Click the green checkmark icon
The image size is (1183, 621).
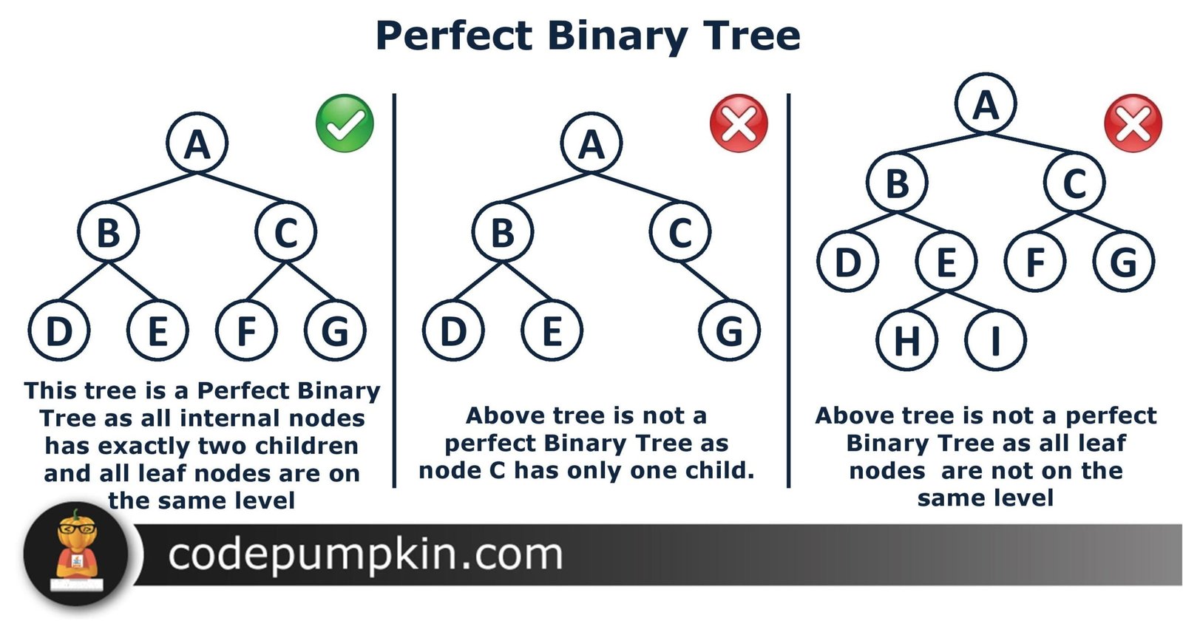pos(345,123)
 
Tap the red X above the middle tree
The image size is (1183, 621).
pos(739,123)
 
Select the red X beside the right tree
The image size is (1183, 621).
pos(1133,123)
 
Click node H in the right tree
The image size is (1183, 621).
pos(906,340)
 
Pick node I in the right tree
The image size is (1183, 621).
pos(995,340)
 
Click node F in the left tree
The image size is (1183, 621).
pos(246,330)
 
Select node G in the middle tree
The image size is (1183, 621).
pos(729,330)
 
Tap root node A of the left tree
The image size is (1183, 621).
pos(197,143)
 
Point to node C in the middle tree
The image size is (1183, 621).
pos(680,232)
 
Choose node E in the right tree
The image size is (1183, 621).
pos(946,262)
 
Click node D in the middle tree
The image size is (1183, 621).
pos(453,330)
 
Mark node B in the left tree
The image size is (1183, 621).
pos(108,232)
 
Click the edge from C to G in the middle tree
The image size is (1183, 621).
pos(705,281)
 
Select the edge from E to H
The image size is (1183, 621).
pos(927,300)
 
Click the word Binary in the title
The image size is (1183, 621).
pos(618,36)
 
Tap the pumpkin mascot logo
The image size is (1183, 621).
pos(76,554)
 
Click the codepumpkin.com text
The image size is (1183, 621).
pos(365,555)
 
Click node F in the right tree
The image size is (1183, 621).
pos(1035,262)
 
